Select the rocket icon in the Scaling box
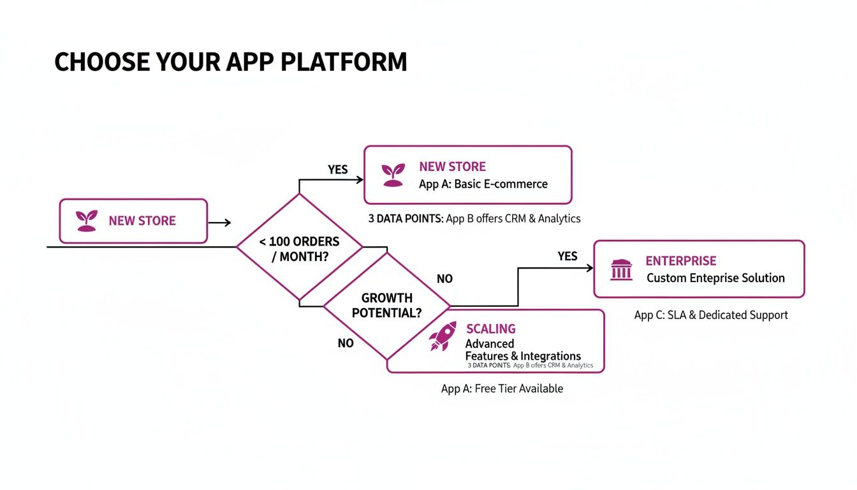pos(443,336)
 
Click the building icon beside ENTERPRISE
pos(621,269)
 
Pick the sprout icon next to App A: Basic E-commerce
pos(393,175)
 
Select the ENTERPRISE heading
pos(680,261)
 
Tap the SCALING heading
pos(490,329)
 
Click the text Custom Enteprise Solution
pos(715,278)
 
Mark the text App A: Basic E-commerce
pos(483,184)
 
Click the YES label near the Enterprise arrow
pos(567,256)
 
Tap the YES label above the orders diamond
pos(337,170)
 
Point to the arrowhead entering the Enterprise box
pos(590,269)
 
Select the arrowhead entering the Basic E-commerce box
pos(360,179)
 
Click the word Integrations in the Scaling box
pos(550,356)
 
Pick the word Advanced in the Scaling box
pos(490,344)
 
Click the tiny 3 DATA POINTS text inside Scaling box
pos(489,366)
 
